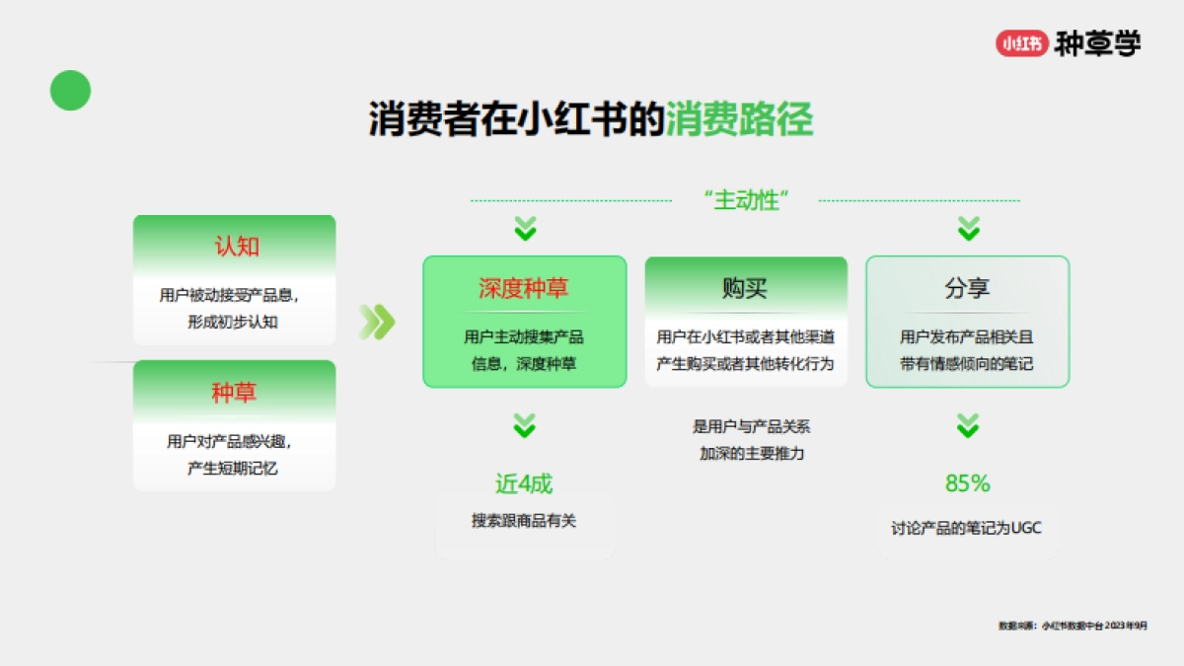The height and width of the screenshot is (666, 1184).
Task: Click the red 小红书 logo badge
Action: [x=1021, y=43]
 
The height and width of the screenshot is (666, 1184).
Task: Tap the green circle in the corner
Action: [x=70, y=91]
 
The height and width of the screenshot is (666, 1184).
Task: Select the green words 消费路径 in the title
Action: [x=739, y=119]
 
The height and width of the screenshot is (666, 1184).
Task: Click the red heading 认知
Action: [x=236, y=247]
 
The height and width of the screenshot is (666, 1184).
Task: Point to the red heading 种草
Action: [x=234, y=393]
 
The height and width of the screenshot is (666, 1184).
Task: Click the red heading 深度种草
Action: [x=524, y=288]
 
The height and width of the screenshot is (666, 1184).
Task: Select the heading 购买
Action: [x=745, y=288]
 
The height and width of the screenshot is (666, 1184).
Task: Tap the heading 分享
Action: [x=967, y=288]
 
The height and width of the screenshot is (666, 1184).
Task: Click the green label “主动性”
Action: [x=747, y=200]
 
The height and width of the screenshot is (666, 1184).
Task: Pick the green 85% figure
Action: [x=967, y=483]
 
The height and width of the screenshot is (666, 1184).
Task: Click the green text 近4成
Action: [x=524, y=483]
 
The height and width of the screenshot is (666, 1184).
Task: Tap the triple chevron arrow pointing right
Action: [x=376, y=322]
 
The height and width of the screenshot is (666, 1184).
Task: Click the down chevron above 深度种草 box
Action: [x=525, y=230]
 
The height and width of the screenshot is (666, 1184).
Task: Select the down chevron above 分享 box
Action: [x=969, y=230]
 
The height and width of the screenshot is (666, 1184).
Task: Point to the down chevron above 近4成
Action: [x=525, y=426]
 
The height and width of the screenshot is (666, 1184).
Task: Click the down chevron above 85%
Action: [x=968, y=426]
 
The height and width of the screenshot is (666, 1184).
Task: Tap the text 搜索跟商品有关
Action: [x=524, y=521]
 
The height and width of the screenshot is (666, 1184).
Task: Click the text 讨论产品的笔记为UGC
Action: [x=966, y=529]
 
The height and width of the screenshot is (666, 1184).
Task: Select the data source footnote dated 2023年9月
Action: [x=1073, y=626]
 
